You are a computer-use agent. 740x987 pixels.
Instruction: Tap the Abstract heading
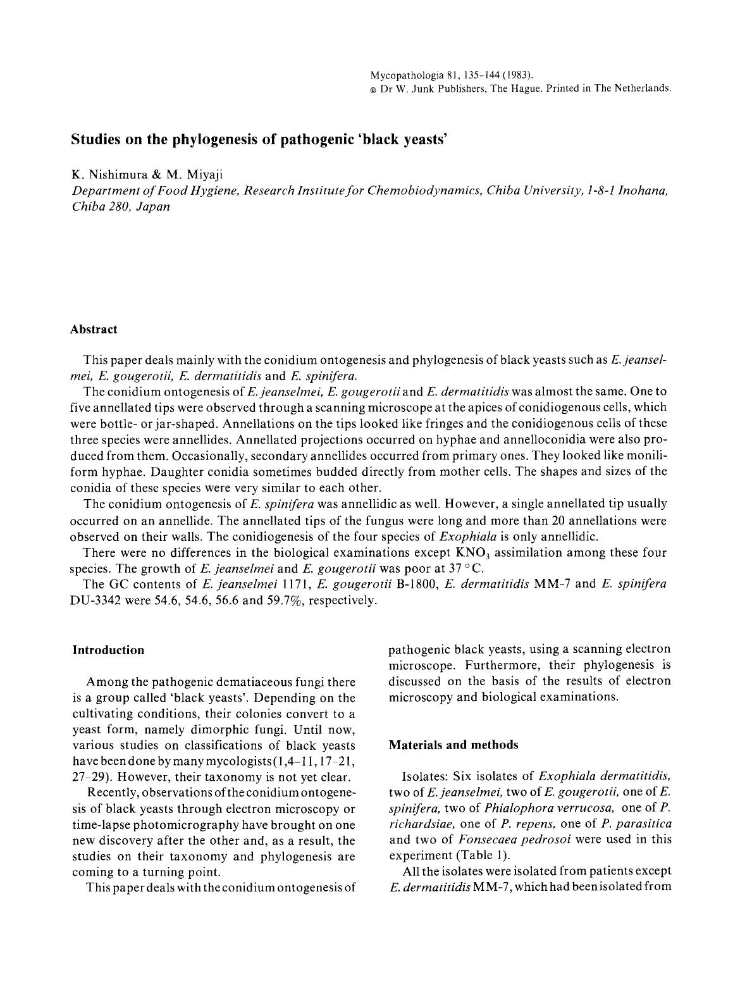click(x=94, y=330)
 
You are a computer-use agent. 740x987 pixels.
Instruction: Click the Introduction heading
click(x=108, y=650)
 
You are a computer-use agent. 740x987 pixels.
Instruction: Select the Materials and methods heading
click(x=453, y=745)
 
